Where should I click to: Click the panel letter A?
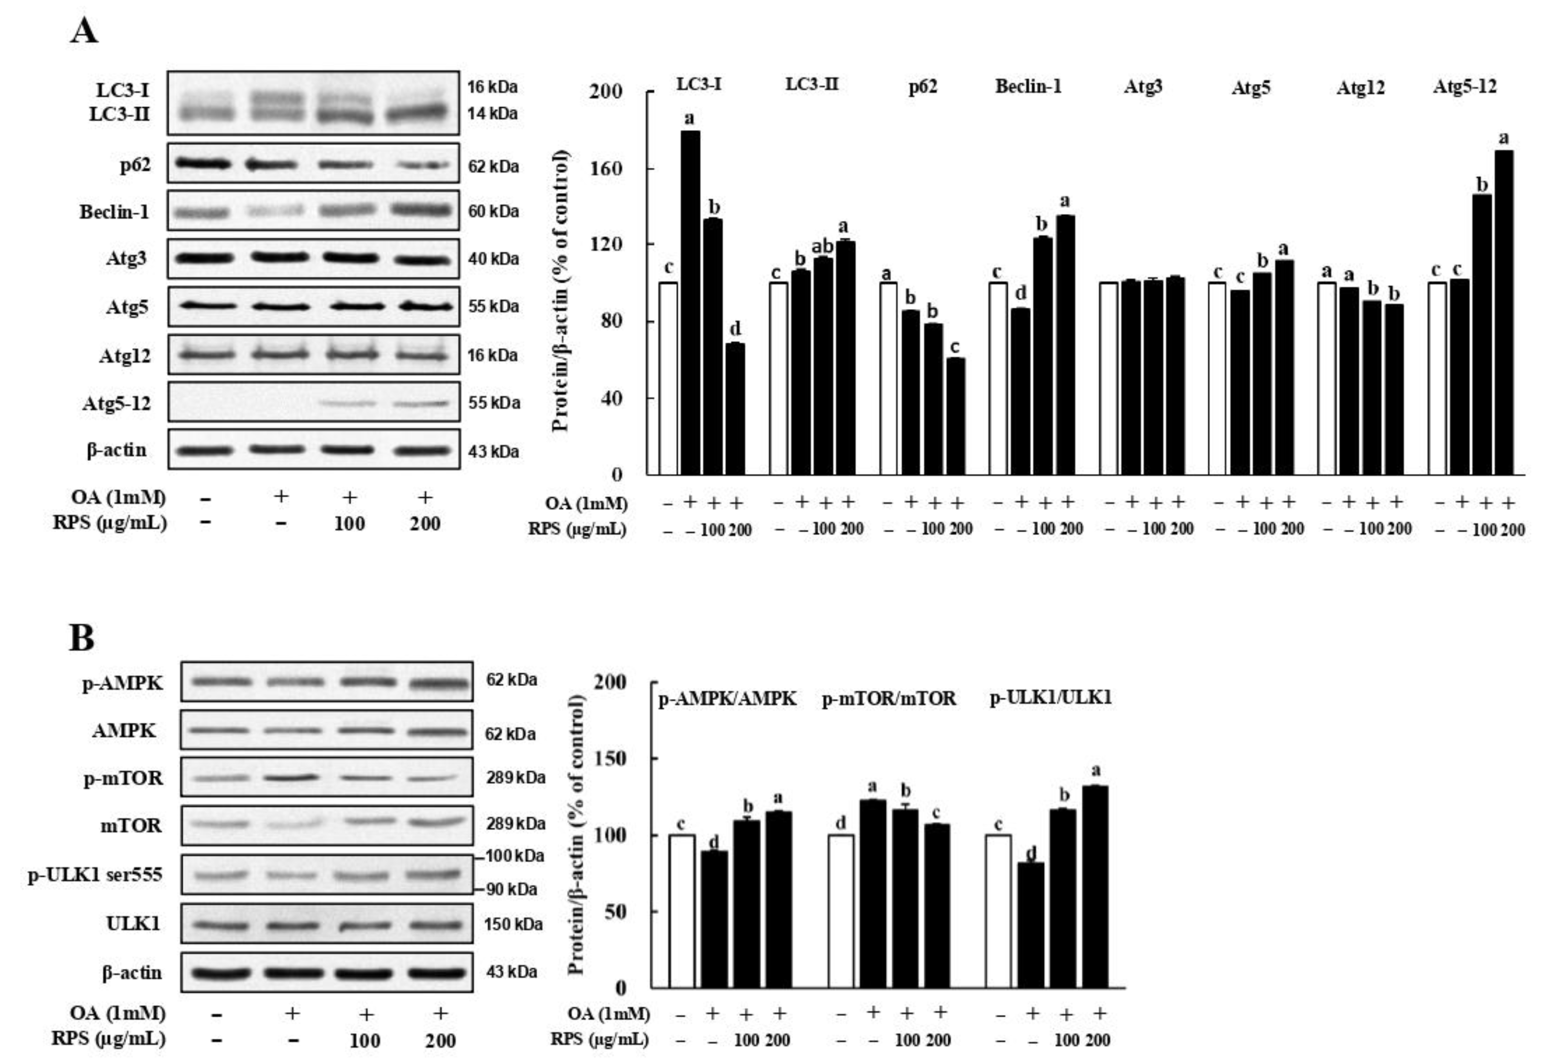tap(84, 31)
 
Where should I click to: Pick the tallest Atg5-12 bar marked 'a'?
tap(1504, 312)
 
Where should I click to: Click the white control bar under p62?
tap(888, 378)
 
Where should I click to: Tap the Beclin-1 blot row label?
tap(115, 212)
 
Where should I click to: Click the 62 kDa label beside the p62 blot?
tap(493, 166)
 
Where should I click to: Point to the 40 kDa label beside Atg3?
tap(493, 259)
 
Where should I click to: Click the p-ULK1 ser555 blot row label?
tap(95, 875)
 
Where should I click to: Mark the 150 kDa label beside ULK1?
tap(513, 924)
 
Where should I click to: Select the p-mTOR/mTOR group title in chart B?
tap(889, 699)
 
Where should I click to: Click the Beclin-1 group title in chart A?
tap(1028, 86)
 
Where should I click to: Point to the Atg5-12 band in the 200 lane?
tap(422, 403)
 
